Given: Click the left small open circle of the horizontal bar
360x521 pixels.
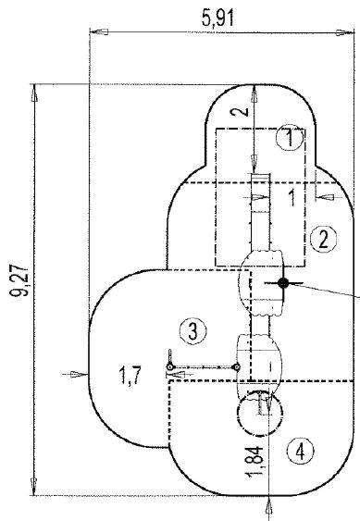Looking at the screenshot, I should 171,368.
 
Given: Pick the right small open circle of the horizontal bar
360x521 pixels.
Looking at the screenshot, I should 237,368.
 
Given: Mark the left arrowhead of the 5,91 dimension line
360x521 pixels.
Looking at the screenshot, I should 97,31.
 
